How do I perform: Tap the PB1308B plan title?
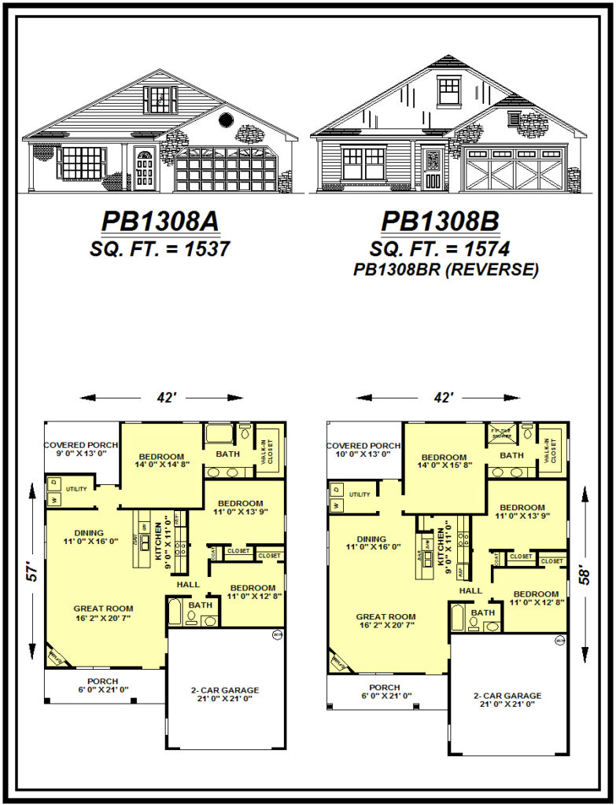[441, 222]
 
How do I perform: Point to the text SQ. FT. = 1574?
[441, 249]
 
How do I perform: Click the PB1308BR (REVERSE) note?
[445, 270]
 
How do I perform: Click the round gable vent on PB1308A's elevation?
[225, 119]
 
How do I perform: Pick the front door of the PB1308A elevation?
[144, 168]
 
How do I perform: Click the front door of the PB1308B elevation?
[432, 169]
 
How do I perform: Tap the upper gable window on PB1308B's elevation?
[449, 90]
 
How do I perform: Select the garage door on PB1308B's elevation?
[515, 168]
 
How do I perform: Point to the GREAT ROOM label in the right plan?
[386, 617]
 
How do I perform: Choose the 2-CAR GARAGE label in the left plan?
[225, 690]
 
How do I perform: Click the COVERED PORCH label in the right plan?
[363, 446]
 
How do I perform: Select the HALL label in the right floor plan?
[470, 590]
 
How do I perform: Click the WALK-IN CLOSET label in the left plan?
[269, 450]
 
